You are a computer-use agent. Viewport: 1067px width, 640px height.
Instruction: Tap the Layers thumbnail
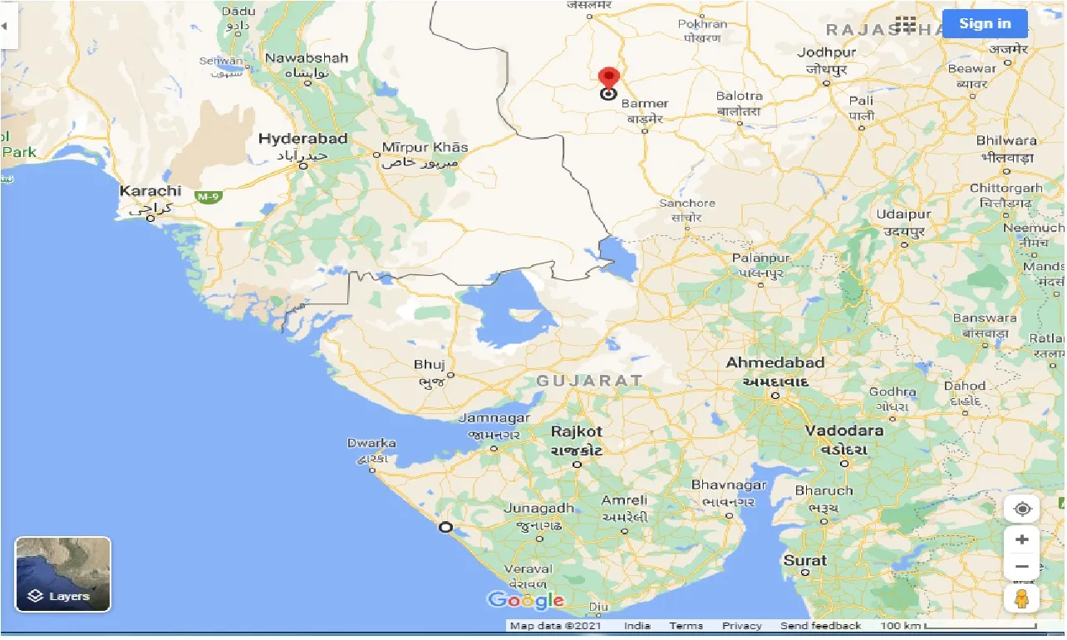(x=63, y=574)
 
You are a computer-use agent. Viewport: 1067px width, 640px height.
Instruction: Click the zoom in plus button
(x=1021, y=539)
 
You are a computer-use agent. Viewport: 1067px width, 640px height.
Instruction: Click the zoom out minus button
(x=1021, y=567)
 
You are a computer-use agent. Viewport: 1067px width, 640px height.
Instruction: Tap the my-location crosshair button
(x=1021, y=509)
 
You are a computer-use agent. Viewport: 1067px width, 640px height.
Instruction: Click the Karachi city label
(x=150, y=191)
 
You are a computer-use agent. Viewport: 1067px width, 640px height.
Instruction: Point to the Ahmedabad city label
(x=774, y=363)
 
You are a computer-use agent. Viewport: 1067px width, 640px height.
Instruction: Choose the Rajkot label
(x=577, y=432)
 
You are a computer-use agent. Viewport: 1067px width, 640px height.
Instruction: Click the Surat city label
(x=804, y=561)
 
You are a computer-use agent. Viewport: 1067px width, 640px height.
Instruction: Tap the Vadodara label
(x=843, y=431)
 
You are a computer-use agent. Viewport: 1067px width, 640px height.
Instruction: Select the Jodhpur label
(x=826, y=52)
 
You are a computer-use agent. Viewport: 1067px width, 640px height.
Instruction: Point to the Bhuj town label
(x=430, y=365)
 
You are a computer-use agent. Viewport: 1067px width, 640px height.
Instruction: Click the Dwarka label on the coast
(x=371, y=444)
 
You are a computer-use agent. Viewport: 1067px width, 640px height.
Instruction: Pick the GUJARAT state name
(x=589, y=381)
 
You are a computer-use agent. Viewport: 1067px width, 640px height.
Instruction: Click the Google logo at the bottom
(x=526, y=600)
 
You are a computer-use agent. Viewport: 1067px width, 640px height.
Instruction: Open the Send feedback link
(x=820, y=626)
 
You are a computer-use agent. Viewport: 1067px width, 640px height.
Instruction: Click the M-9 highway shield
(x=207, y=196)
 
